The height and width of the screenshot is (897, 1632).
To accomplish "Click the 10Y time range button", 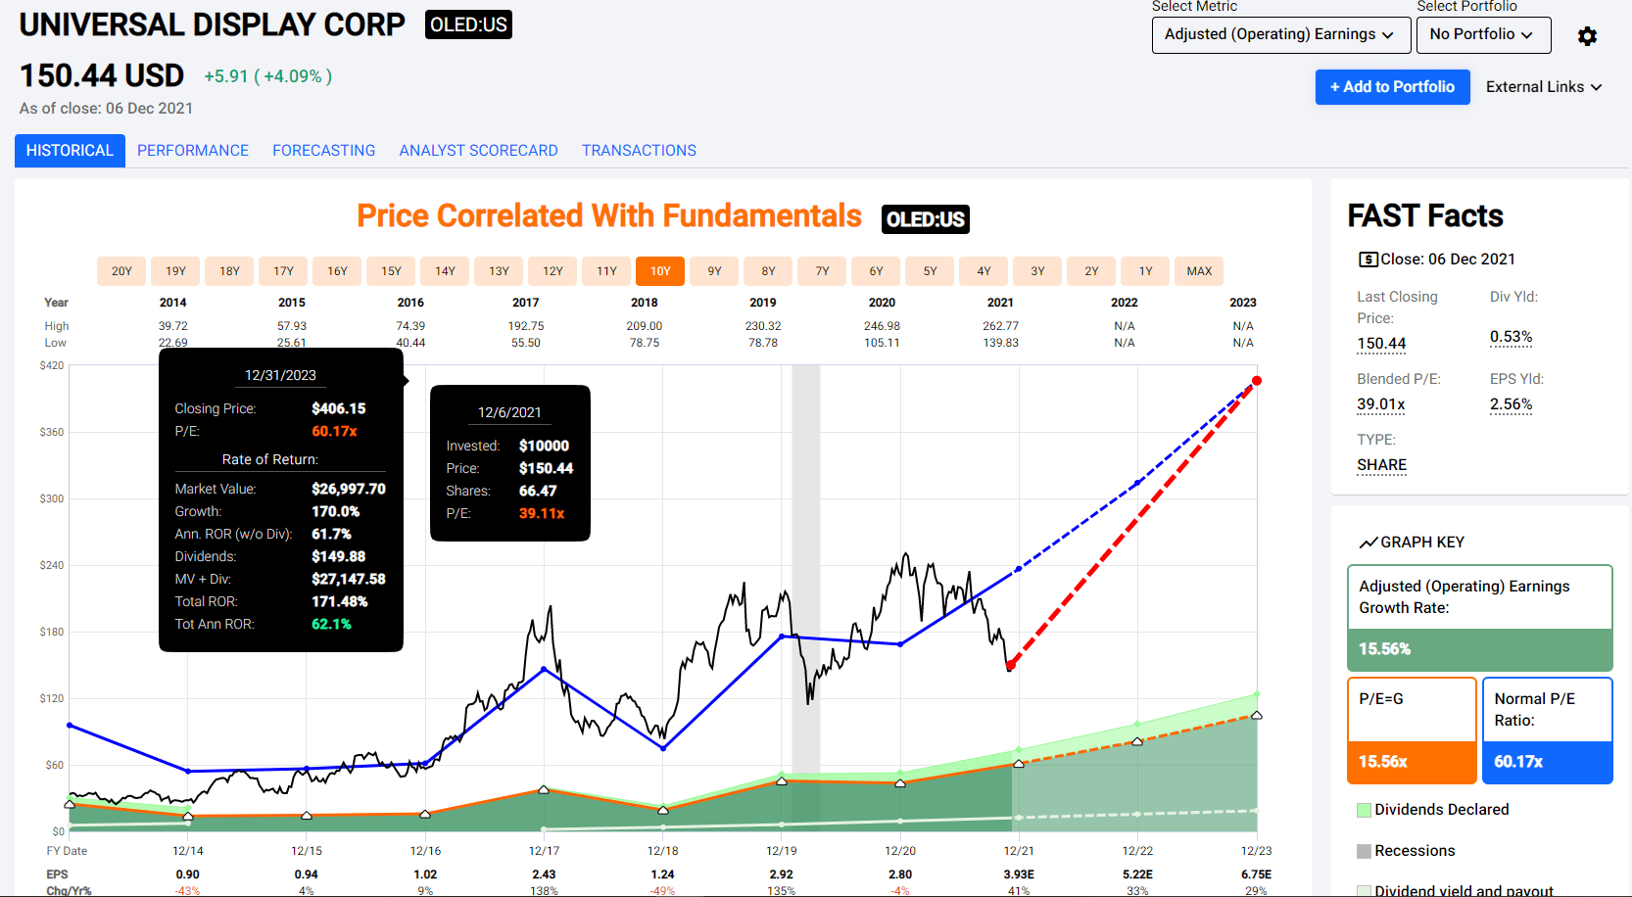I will [x=660, y=271].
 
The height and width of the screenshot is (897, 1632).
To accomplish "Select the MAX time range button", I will [x=1199, y=271].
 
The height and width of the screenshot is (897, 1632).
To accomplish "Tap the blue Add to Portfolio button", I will [x=1392, y=87].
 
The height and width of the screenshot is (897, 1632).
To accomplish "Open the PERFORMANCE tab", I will [x=193, y=151].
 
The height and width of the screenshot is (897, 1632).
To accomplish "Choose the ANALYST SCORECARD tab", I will [x=478, y=151].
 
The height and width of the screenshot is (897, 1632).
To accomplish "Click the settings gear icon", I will [x=1587, y=36].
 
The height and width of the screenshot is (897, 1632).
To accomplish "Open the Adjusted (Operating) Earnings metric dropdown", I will [x=1280, y=34].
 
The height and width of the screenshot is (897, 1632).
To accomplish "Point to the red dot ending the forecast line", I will [x=1257, y=381].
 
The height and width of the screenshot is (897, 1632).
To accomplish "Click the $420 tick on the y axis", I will [x=52, y=365].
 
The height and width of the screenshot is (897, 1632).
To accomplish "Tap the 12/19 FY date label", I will [x=782, y=851].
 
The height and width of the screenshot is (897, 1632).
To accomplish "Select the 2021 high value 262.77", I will [x=1000, y=326].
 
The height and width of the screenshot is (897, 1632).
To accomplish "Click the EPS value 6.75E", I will [x=1256, y=874].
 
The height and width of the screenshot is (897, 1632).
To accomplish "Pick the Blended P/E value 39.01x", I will [x=1381, y=404].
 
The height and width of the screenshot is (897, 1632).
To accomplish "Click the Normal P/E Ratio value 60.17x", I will [x=1518, y=762].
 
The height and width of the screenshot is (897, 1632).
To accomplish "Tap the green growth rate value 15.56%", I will [x=1385, y=649].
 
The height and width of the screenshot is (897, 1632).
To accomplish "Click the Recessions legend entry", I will [x=1414, y=851].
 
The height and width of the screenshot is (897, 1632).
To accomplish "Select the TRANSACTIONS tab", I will [x=639, y=151].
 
